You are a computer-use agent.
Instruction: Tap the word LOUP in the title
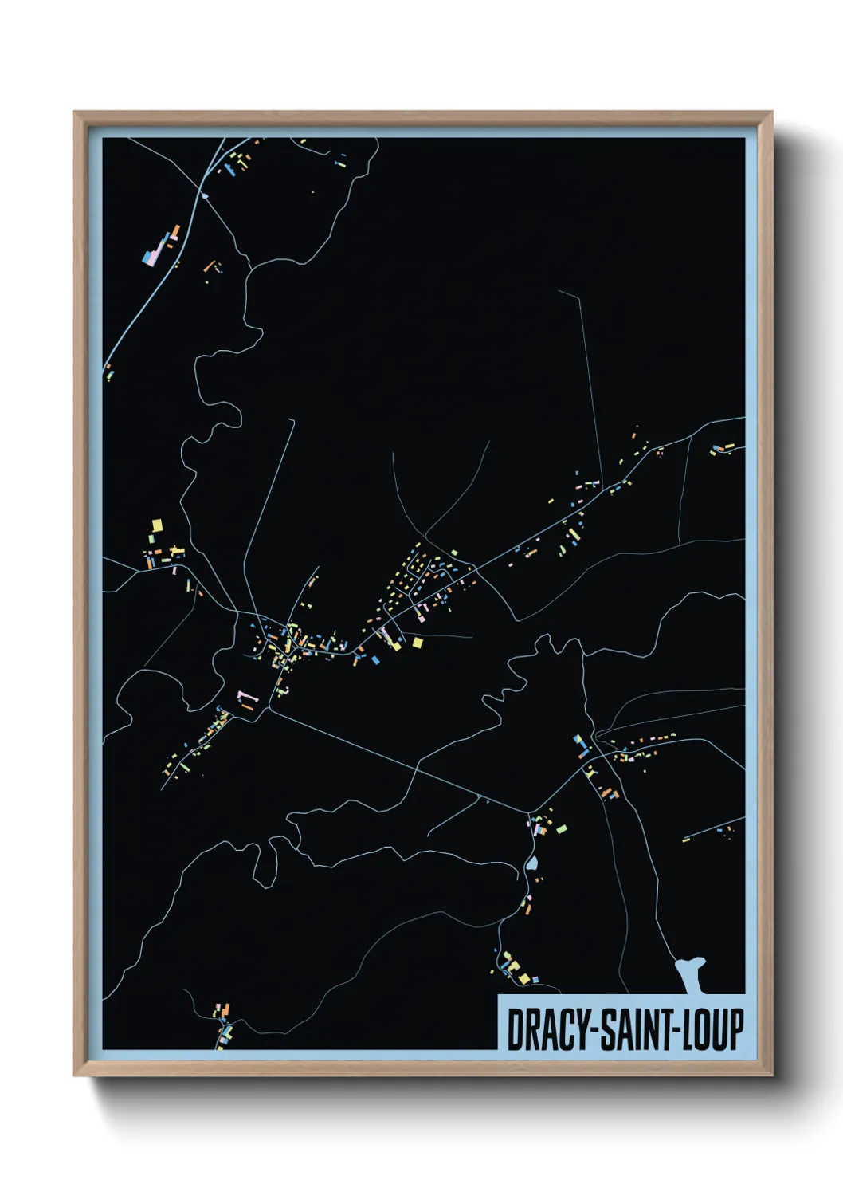coord(714,1029)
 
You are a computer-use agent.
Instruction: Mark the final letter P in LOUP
coord(736,1029)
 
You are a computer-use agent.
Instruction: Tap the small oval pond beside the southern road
coord(531,863)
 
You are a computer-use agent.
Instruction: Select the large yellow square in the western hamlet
coord(157,525)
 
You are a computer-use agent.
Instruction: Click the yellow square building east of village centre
coord(417,642)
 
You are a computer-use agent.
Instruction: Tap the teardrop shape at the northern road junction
coord(206,195)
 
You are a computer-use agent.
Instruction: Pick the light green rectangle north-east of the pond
coord(562,829)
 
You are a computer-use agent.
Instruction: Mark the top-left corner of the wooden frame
coord(74,112)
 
